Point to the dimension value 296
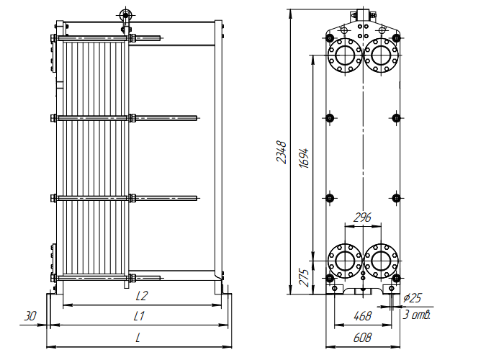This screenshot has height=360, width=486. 362,217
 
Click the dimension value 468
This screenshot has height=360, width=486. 362,316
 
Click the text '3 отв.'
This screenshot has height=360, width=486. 417,315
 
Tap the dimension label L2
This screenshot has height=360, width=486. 142,296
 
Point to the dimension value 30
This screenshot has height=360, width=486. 30,316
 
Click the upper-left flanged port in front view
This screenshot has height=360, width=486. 344,53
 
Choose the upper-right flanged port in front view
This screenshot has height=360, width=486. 380,53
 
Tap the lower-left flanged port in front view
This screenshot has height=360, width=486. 344,260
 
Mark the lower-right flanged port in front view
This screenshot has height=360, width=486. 380,260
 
